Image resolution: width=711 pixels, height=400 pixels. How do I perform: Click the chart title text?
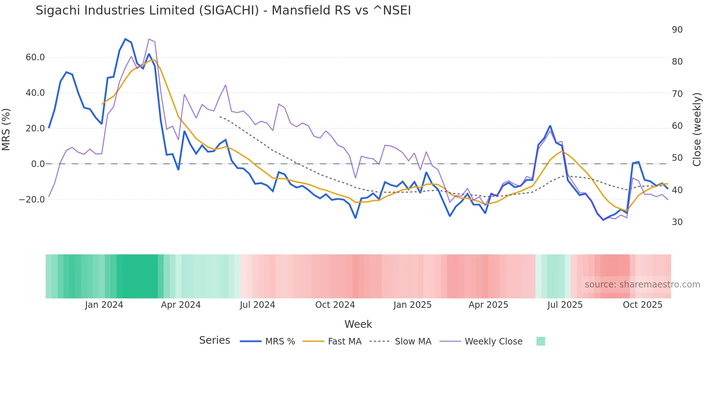pyautogui.click(x=223, y=11)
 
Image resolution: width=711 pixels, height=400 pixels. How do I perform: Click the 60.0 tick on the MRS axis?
pyautogui.click(x=35, y=57)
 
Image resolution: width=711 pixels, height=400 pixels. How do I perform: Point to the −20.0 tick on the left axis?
pyautogui.click(x=32, y=200)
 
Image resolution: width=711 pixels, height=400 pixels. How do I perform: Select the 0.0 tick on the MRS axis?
pyautogui.click(x=38, y=164)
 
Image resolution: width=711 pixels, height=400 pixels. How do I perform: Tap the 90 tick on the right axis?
pyautogui.click(x=677, y=30)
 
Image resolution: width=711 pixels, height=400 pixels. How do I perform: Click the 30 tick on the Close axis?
pyautogui.click(x=677, y=222)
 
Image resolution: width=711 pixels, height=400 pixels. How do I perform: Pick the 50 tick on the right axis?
pyautogui.click(x=677, y=158)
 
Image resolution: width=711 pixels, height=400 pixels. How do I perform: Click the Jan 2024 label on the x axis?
pyautogui.click(x=104, y=305)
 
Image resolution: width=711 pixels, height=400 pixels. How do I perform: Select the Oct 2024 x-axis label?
pyautogui.click(x=335, y=305)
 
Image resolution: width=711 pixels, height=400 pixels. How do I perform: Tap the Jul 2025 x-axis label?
pyautogui.click(x=565, y=305)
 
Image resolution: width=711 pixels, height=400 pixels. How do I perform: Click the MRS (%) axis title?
pyautogui.click(x=6, y=129)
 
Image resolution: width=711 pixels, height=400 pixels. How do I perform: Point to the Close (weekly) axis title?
pyautogui.click(x=696, y=129)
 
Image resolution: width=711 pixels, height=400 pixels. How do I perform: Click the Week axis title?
pyautogui.click(x=358, y=324)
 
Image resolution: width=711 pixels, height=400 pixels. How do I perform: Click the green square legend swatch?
pyautogui.click(x=541, y=341)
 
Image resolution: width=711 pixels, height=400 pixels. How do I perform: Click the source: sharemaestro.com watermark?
pyautogui.click(x=642, y=285)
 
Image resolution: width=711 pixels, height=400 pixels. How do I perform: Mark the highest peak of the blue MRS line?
pyautogui.click(x=126, y=39)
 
